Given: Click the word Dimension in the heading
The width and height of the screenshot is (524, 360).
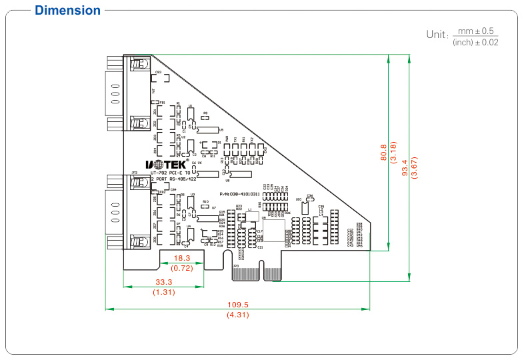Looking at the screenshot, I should coord(67,11).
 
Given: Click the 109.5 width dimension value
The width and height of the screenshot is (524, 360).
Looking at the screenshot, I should coord(238,303).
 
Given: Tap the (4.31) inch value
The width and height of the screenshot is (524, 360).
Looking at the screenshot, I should coord(238,314).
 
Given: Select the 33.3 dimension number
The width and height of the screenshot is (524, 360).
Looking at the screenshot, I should coord(163,282).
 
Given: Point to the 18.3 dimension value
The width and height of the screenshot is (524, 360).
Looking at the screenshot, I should coord(182,257).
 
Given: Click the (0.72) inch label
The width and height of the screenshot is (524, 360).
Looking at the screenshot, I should coord(182,268).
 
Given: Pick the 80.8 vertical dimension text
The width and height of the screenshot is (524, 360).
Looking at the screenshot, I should coord(383,153).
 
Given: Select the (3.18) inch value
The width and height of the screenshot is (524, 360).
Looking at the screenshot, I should coord(393,153).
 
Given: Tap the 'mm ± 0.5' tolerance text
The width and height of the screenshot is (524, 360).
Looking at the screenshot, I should coord(475,31).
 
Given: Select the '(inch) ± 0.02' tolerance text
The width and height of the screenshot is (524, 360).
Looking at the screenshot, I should coord(475,43).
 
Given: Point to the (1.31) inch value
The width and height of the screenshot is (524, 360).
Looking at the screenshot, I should coord(163,292).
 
